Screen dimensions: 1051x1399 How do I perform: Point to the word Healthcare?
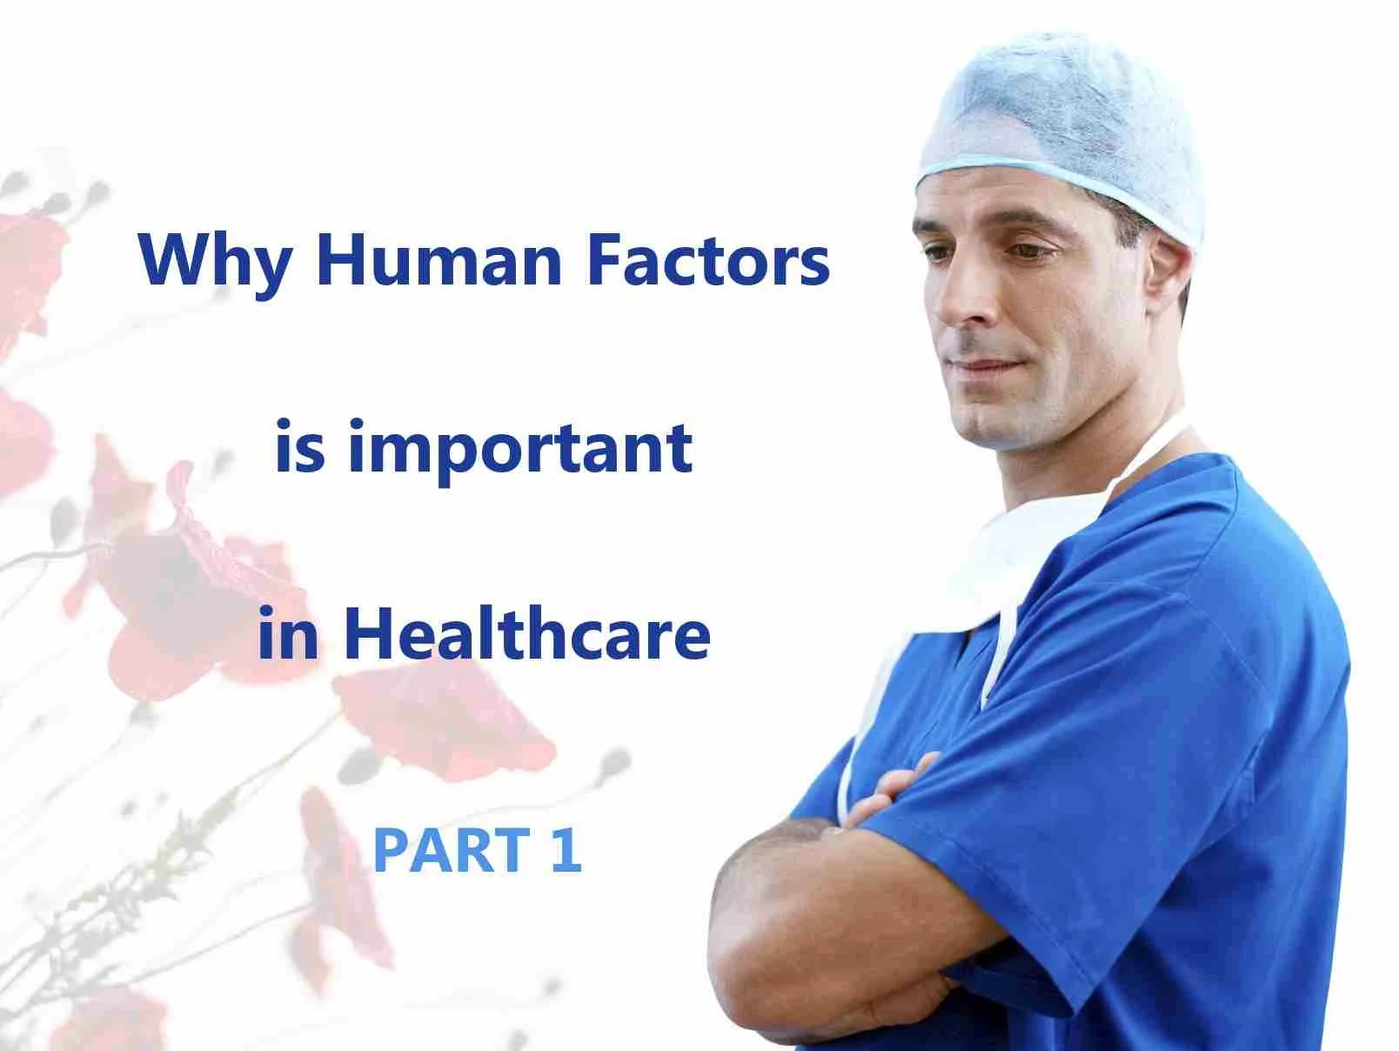(526, 634)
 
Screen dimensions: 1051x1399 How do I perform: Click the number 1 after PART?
(565, 850)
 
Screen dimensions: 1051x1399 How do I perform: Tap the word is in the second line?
(299, 447)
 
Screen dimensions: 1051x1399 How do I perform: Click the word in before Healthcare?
(287, 634)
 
